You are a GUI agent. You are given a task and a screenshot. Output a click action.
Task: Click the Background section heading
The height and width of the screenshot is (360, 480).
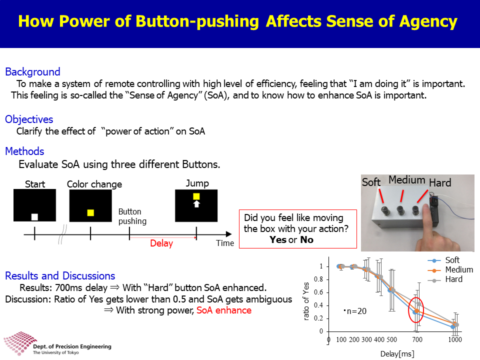pos(33,72)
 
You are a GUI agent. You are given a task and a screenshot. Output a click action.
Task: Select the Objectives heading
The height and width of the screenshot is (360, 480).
pos(29,119)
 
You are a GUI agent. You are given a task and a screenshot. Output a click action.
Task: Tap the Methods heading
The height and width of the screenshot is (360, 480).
pos(25,151)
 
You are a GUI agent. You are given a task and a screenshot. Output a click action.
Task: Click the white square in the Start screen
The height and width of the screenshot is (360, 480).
pos(34,217)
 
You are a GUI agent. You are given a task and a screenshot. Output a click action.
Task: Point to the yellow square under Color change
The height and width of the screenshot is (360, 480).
pos(90,213)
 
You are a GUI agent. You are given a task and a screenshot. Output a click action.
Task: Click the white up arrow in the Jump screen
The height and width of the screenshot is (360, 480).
pos(196,204)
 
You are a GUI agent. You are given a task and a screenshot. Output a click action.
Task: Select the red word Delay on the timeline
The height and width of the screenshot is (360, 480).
pos(161,243)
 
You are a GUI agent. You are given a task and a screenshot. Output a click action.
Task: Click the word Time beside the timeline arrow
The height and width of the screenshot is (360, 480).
pos(225,243)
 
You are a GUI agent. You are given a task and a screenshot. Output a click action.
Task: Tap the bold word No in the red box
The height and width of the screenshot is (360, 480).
pos(306,239)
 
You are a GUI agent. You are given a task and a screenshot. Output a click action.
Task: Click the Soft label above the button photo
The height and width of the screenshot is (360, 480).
pos(371,182)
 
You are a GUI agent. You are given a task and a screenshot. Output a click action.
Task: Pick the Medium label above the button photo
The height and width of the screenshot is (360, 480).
pos(407,180)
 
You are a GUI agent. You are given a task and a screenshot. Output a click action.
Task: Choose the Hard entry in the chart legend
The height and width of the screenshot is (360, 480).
pos(453,279)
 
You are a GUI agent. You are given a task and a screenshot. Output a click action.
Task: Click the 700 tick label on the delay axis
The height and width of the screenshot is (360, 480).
pos(417,339)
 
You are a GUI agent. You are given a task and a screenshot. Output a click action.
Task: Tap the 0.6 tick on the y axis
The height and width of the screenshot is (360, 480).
pos(318,292)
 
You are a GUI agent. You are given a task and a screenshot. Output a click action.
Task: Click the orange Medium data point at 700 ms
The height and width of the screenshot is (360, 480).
pos(416,310)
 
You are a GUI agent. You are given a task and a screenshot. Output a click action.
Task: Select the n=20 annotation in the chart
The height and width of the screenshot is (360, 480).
pos(355,311)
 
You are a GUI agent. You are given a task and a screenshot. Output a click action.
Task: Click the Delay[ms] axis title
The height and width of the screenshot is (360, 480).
pos(397,354)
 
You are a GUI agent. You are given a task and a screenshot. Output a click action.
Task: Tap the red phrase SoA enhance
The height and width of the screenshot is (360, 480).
pos(224,310)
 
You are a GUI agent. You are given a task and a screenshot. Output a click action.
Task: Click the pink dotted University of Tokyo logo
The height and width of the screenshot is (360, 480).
pos(20,343)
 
